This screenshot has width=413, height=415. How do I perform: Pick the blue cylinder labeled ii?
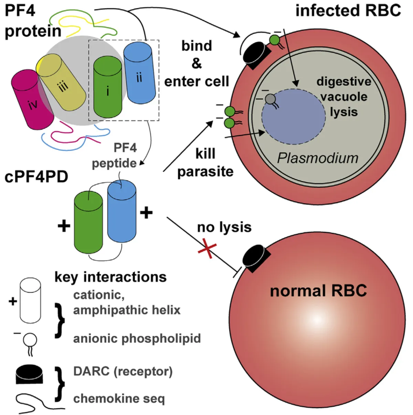pyautogui.click(x=139, y=74)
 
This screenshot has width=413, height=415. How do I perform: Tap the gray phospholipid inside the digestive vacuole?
pyautogui.click(x=270, y=99)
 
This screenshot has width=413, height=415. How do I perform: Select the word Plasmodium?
pyautogui.click(x=318, y=158)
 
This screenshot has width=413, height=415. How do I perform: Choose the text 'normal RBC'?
pyautogui.click(x=318, y=291)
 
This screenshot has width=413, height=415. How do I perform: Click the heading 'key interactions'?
pyautogui.click(x=110, y=277)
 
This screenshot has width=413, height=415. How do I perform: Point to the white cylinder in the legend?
pyautogui.click(x=30, y=301)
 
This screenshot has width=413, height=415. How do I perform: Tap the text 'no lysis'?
pyautogui.click(x=224, y=227)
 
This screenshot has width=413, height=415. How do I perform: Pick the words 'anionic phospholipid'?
pyautogui.click(x=137, y=338)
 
